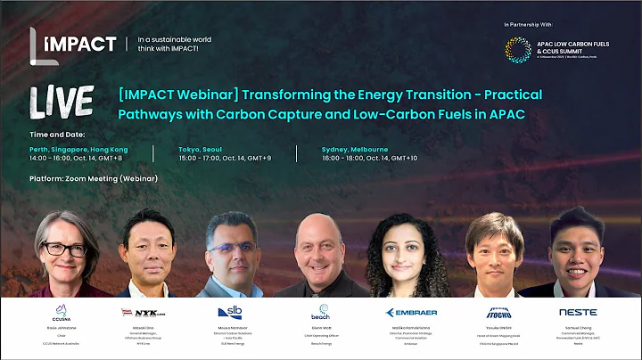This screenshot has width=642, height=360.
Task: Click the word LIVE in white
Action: coord(62,102)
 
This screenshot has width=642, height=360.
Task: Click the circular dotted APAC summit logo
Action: coord(518,49)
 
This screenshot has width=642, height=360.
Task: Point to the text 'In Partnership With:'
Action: coord(530,24)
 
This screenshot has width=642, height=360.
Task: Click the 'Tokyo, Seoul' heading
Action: coord(202,149)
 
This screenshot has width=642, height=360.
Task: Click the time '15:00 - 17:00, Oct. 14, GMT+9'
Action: coord(232,159)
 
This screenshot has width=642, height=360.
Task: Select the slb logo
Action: coord(229,312)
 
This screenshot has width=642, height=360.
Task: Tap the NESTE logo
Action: coord(578,313)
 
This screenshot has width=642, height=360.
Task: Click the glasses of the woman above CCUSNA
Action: coord(64,248)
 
